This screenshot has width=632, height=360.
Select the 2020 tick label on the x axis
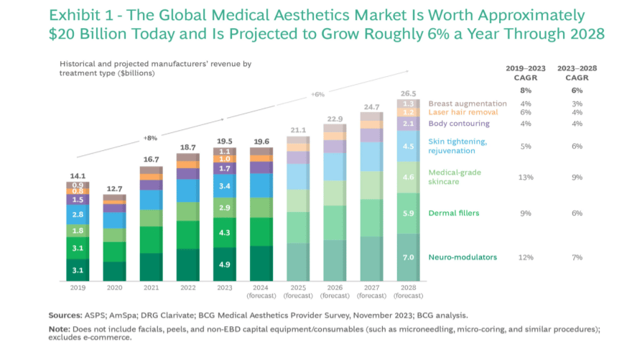coord(113,287)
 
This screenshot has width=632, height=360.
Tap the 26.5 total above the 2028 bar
coord(408,93)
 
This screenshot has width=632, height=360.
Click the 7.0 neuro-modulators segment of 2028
coord(408,257)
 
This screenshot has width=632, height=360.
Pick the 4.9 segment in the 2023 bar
coord(224,264)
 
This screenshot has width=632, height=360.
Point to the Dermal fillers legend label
coord(453,213)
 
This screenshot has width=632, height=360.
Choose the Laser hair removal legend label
coord(463,113)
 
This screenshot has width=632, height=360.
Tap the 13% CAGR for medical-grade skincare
coord(525,177)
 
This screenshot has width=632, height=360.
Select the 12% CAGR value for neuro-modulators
coord(525,257)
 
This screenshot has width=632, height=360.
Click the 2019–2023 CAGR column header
coord(525,73)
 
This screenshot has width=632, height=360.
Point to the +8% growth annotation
coord(150,138)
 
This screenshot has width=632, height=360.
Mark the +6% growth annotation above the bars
coord(318,94)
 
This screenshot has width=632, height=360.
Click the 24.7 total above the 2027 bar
coord(371,106)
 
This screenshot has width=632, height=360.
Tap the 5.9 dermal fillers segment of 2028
coord(408,213)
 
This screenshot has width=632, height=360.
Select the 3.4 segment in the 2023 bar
coord(224,186)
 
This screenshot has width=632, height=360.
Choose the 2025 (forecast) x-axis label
coord(297,291)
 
